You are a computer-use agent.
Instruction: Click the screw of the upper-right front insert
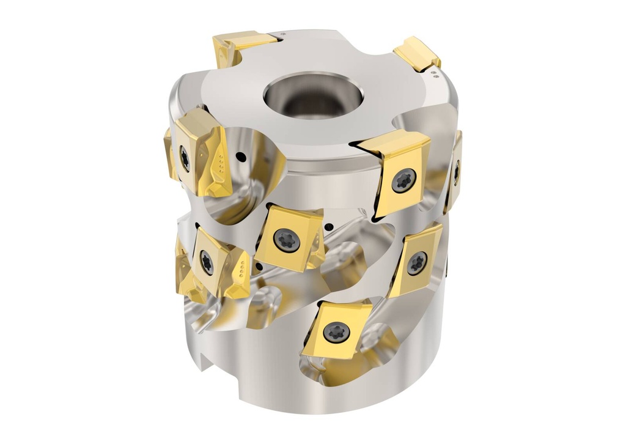pos(404,180)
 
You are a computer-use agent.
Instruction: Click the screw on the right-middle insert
pos(417,262)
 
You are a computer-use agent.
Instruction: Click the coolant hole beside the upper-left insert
pos(243,157)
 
